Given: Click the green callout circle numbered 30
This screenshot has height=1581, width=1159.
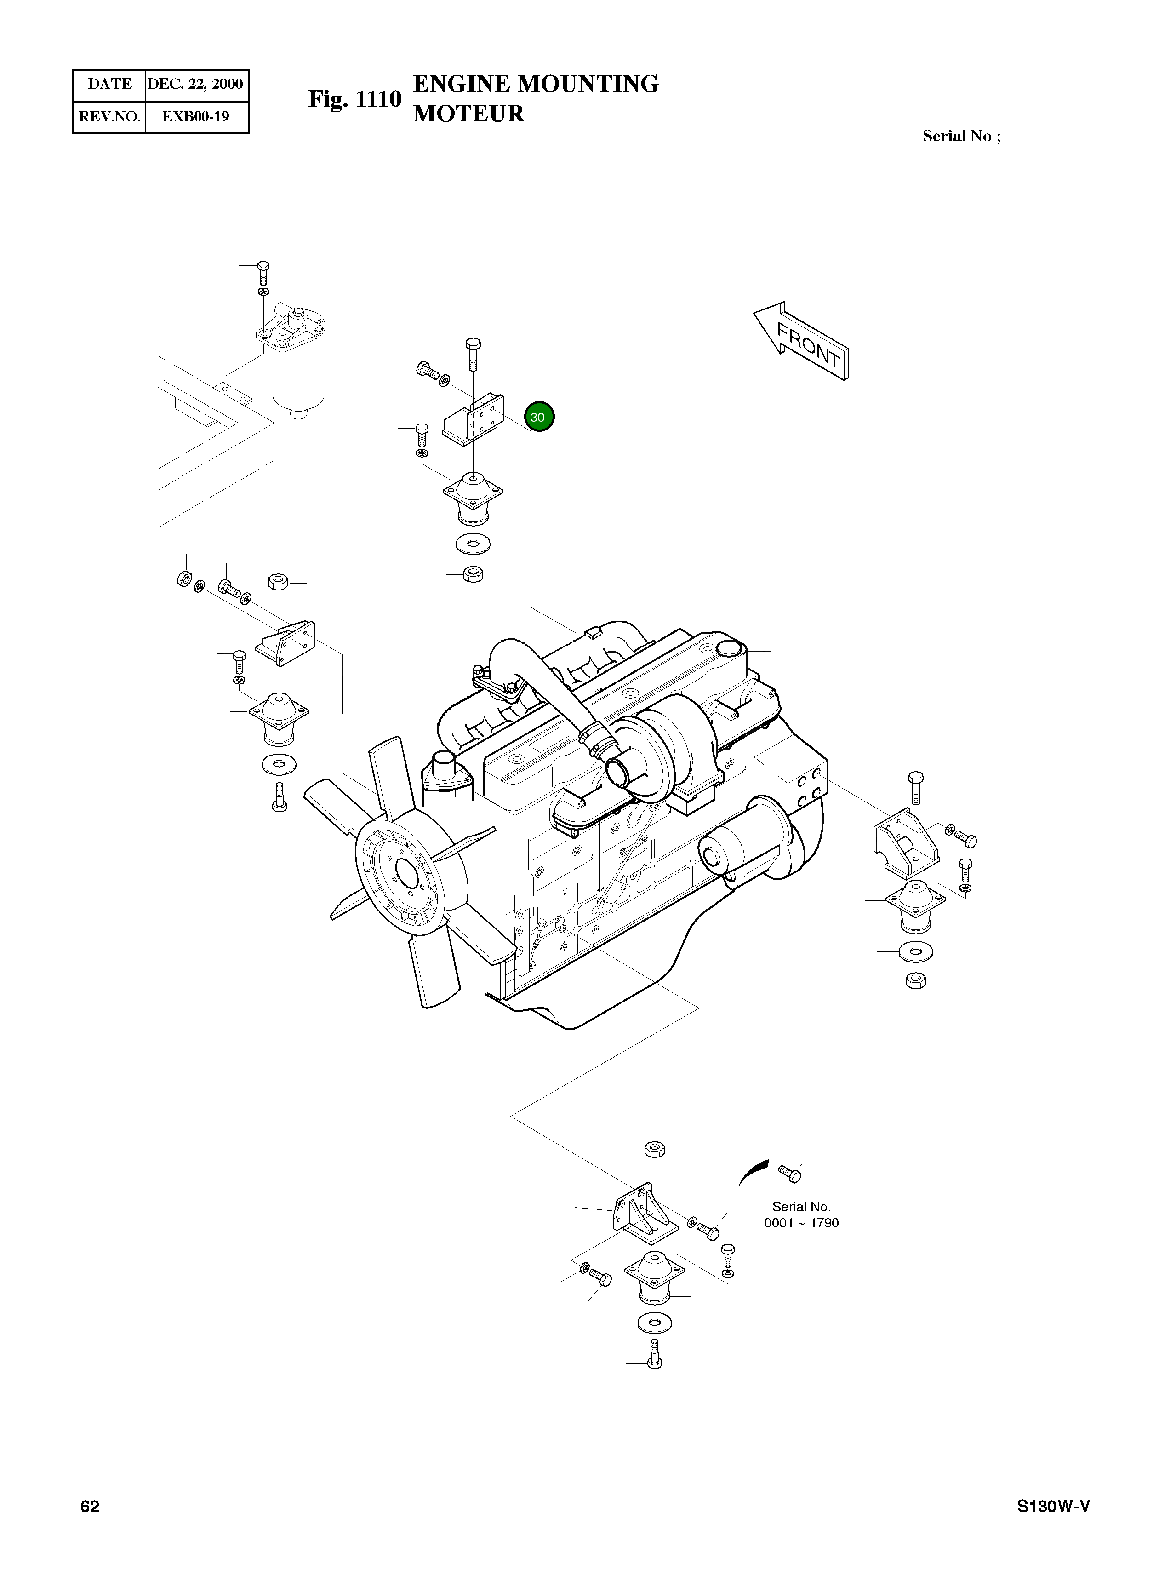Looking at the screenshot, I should (538, 417).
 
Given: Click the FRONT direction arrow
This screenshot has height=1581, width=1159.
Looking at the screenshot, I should (802, 342).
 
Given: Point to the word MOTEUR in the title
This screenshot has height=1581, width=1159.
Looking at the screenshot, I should (468, 114).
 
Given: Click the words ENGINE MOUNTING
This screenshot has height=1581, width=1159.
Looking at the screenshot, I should (536, 84).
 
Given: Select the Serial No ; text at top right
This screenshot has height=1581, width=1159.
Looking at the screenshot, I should (961, 136).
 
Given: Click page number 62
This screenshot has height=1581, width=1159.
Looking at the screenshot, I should (90, 1507).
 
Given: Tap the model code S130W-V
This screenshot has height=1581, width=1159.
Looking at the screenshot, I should (1054, 1507).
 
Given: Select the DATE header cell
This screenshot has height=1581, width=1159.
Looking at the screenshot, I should (109, 84).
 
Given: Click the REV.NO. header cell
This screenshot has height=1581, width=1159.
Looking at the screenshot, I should (109, 116).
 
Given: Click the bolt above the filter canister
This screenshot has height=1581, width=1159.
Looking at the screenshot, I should (263, 272).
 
